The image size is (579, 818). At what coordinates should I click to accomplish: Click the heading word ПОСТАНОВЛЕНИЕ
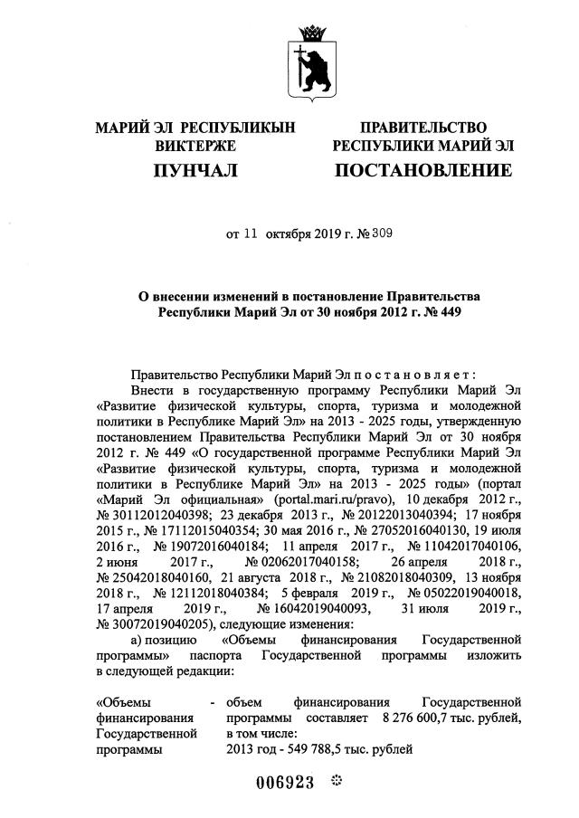tap(423, 170)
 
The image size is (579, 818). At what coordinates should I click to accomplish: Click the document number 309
tap(356, 233)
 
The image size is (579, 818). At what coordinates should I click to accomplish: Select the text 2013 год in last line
tap(252, 748)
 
